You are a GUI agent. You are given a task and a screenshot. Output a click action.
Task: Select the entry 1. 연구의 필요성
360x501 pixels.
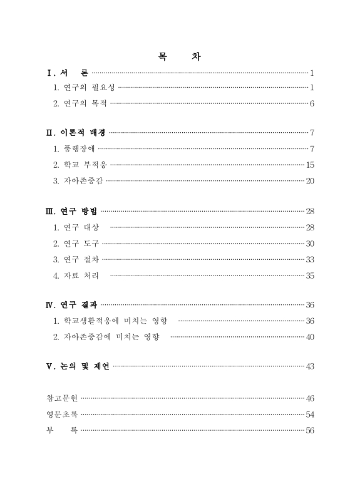[x=85, y=88]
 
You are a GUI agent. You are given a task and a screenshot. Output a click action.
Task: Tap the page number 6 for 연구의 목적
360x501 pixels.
[x=312, y=103]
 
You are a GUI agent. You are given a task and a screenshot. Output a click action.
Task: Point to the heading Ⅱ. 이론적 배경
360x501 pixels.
[x=76, y=133]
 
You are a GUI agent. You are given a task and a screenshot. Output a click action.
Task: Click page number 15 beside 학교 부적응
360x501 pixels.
[x=310, y=165]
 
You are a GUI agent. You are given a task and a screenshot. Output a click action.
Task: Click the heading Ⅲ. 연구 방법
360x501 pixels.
[x=71, y=211]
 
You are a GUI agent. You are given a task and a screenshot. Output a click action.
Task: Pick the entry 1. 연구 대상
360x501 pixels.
[x=81, y=227]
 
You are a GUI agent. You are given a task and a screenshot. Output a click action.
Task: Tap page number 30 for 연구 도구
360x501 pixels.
[x=310, y=244]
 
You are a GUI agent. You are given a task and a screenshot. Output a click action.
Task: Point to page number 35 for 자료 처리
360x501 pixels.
[x=310, y=276]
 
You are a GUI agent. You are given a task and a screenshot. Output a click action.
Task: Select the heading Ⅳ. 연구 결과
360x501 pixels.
[x=71, y=305]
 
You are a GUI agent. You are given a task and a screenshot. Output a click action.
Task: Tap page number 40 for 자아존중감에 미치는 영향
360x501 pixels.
[x=310, y=337]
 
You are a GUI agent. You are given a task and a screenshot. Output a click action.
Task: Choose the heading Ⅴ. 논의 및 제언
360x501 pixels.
[x=78, y=366]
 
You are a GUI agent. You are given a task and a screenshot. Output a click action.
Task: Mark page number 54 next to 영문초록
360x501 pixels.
[x=310, y=414]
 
